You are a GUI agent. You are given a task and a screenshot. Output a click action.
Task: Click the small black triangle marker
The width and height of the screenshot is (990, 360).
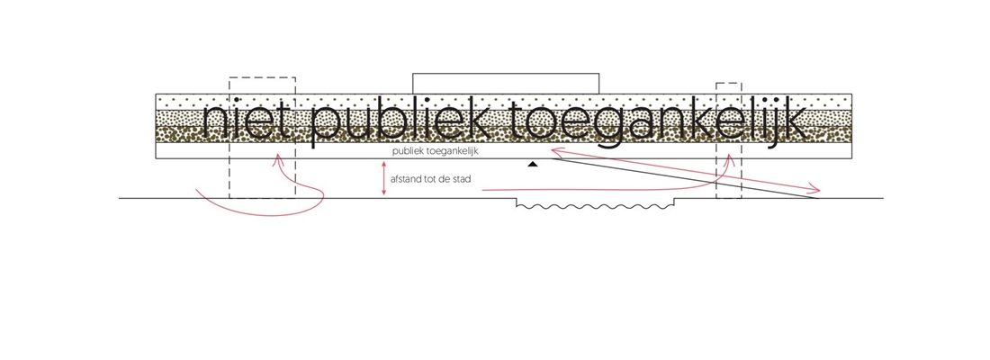[x=533, y=165]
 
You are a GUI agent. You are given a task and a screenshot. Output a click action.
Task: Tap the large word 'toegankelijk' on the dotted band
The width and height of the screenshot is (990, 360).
[x=657, y=123]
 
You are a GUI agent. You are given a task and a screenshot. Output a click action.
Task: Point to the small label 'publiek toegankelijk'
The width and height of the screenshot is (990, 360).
[x=435, y=151]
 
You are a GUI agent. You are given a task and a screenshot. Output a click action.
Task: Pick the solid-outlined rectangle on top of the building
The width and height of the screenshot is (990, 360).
[x=506, y=84]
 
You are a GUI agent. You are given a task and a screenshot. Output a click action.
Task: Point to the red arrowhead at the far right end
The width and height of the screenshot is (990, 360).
[x=816, y=189]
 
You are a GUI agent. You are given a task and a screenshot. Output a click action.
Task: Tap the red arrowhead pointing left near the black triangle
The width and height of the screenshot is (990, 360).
[x=556, y=153]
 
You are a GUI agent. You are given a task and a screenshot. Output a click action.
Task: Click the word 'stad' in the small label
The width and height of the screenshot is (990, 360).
[x=460, y=191]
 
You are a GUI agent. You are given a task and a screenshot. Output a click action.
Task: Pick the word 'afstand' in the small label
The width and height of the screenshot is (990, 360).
[x=406, y=191]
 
